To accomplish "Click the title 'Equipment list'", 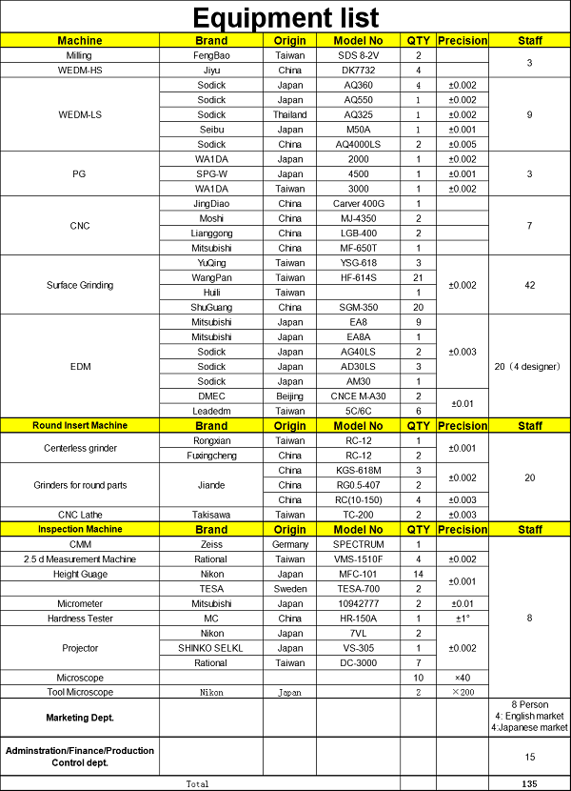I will [x=285, y=17].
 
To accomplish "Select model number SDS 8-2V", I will [x=359, y=56].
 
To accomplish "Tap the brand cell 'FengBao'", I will [x=210, y=56].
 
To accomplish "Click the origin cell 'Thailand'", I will [x=290, y=114].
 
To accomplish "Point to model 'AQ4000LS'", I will [x=359, y=144].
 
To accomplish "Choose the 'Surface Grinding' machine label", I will [x=80, y=285].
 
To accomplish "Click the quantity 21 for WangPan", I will [x=418, y=277].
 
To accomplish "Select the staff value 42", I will [x=530, y=285].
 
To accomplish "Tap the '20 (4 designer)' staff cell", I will [x=530, y=366].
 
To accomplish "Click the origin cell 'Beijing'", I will [x=290, y=395].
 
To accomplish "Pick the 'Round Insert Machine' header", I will [x=80, y=425].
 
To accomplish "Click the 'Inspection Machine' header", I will [x=80, y=529].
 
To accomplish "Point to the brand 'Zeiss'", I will [x=210, y=544].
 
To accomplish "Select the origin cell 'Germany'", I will [x=290, y=544].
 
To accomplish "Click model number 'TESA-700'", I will [x=359, y=588].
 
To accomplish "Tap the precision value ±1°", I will [x=462, y=618].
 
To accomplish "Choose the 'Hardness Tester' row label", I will [x=80, y=618].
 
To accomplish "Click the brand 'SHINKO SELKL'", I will [x=210, y=647].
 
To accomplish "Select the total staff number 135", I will [x=530, y=783].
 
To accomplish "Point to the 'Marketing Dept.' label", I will [x=80, y=717].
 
